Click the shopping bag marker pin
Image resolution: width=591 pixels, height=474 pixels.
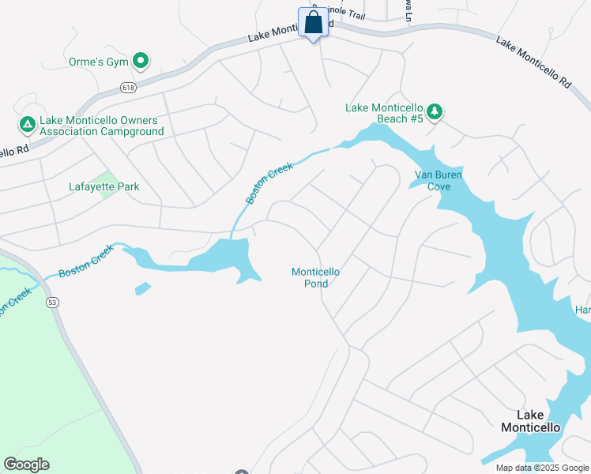tap(314, 23)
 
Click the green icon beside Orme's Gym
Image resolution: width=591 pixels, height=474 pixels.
tap(141, 60)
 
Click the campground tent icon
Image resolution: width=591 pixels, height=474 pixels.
tap(27, 124)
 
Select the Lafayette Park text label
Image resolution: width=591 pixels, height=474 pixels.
tap(104, 187)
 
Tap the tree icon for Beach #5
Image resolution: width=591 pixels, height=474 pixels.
tap(434, 112)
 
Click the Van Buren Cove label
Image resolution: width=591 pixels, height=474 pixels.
tap(433, 180)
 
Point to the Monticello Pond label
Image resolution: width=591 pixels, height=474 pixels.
tap(315, 277)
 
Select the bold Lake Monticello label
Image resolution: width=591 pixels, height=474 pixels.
tap(530, 421)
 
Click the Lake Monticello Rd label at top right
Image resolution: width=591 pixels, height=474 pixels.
tap(533, 61)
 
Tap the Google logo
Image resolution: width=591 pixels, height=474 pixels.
tap(26, 465)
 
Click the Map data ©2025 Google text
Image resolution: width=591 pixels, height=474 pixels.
tap(543, 468)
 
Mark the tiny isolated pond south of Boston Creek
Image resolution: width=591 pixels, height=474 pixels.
tap(143, 288)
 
